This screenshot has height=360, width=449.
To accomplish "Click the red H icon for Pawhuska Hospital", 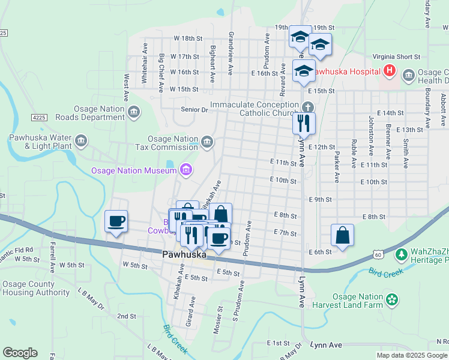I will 390,71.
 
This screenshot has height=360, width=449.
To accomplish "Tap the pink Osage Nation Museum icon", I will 186,171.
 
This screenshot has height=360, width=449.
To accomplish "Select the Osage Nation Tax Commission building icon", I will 207,142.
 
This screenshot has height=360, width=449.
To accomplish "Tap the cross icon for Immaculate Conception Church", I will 307,107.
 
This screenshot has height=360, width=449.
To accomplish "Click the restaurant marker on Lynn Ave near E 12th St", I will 304,122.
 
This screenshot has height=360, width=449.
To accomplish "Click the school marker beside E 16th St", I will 304,70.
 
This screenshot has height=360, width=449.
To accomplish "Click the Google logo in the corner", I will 20,353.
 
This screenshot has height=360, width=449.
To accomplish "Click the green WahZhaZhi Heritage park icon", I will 401,255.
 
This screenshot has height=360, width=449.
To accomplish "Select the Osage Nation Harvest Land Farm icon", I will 393,299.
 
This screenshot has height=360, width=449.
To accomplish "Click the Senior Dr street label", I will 194,110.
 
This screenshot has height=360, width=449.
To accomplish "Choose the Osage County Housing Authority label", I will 36,289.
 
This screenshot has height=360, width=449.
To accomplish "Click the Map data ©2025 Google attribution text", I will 412,355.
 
